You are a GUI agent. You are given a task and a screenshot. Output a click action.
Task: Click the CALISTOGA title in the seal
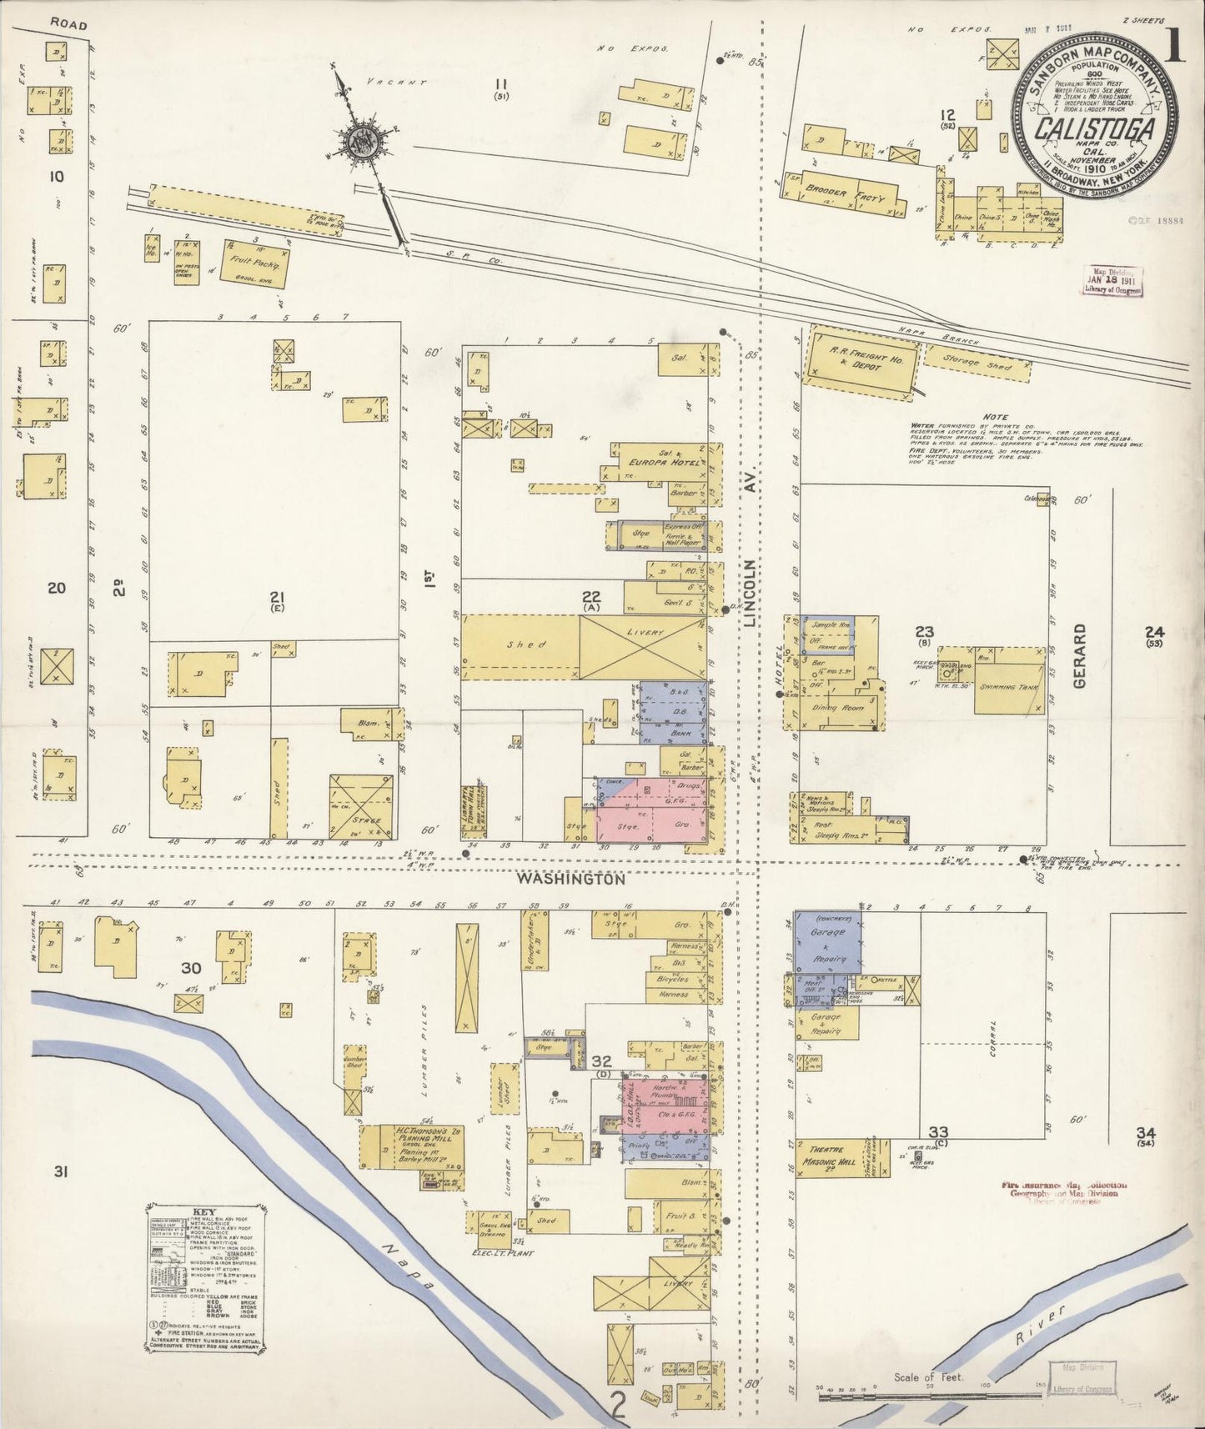[x=1095, y=132]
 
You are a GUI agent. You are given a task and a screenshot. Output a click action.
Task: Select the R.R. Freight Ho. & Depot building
[x=862, y=359]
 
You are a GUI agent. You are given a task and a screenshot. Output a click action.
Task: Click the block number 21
[x=277, y=595]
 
